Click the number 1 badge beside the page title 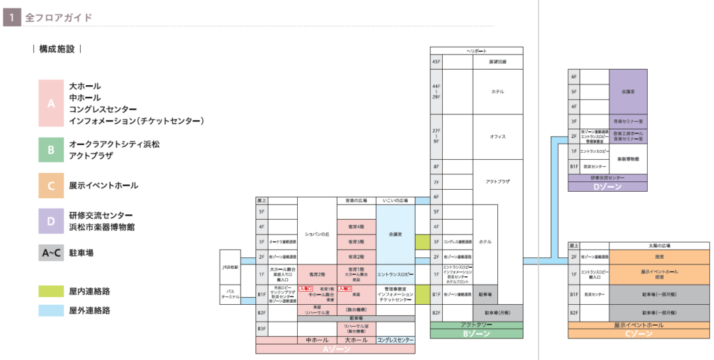coord(12,17)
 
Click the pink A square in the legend coord(51,103)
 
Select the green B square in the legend coord(51,149)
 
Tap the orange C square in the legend coord(51,186)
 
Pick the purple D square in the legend coord(51,221)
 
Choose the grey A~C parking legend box coord(51,253)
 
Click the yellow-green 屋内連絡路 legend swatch coord(51,290)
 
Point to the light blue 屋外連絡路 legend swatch coord(51,310)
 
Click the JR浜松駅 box coord(230,267)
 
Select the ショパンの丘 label coord(317,234)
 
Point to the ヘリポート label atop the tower coord(476,51)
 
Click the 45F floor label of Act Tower coord(436,62)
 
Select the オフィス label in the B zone coord(498,137)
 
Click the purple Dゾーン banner coord(607,187)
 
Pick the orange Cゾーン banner coord(639,334)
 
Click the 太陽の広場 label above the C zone coord(660,246)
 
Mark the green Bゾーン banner coord(476,334)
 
